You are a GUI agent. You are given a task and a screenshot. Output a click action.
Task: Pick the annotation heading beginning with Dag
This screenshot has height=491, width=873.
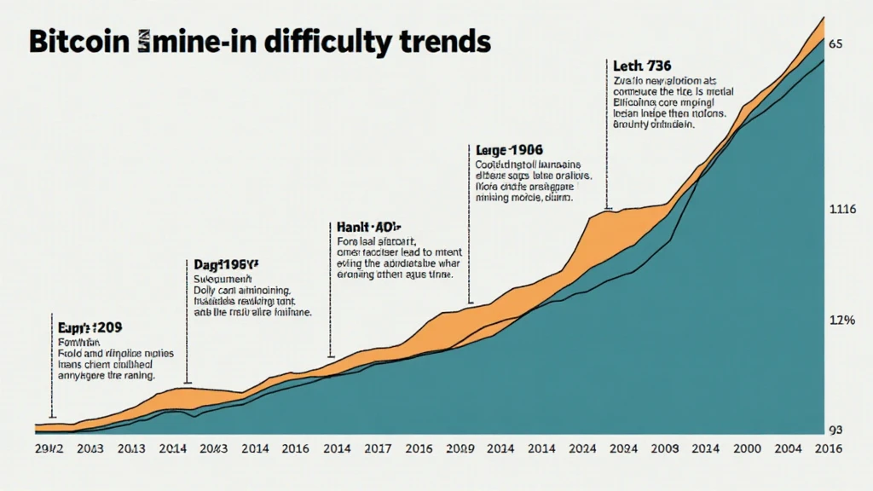coord(220,265)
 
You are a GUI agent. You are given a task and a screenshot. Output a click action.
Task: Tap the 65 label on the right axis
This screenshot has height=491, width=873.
coord(835,43)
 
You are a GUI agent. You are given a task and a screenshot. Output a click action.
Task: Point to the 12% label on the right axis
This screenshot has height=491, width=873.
coord(841,321)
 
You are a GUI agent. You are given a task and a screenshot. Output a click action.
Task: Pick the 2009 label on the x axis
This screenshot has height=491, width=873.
coord(665,448)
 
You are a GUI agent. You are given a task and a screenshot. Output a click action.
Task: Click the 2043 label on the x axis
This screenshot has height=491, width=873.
coord(89,448)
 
